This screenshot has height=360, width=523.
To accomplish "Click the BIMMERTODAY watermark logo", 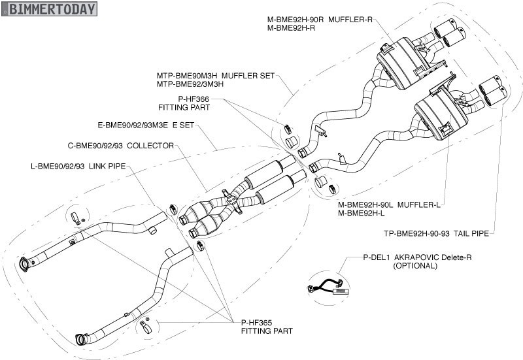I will point(49,8).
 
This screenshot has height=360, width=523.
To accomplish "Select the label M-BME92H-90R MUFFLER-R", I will point(320,20).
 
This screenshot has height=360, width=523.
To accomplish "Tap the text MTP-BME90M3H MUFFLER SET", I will point(216,76).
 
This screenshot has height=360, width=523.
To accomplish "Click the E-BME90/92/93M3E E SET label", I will point(146,123).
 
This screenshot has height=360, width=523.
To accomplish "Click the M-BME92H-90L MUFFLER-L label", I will point(389,205).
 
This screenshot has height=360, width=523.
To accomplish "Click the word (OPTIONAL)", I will point(415,266).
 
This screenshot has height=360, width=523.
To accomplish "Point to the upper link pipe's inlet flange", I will point(25,263).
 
